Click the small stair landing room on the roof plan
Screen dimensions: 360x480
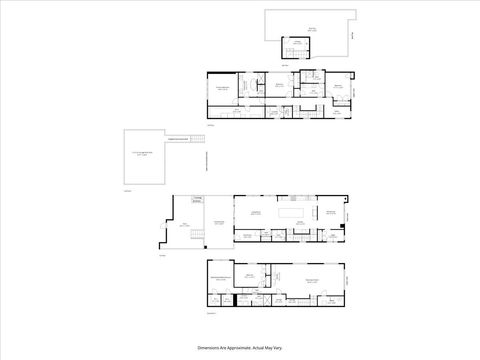pos(296,46)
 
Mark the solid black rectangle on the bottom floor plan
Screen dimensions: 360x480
pos(235,299)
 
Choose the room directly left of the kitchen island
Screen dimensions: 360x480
pos(255,213)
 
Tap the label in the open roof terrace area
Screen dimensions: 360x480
pos(311,29)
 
